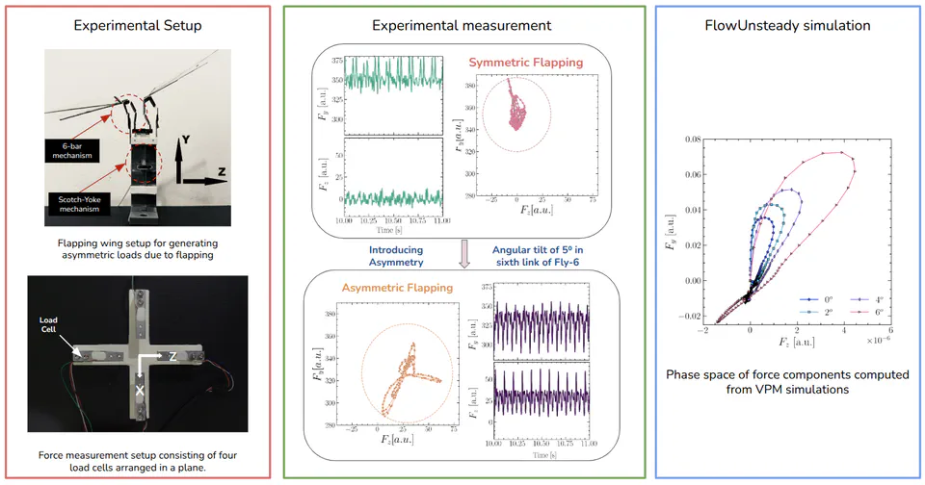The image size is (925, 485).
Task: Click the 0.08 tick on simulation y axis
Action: coord(690,140)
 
